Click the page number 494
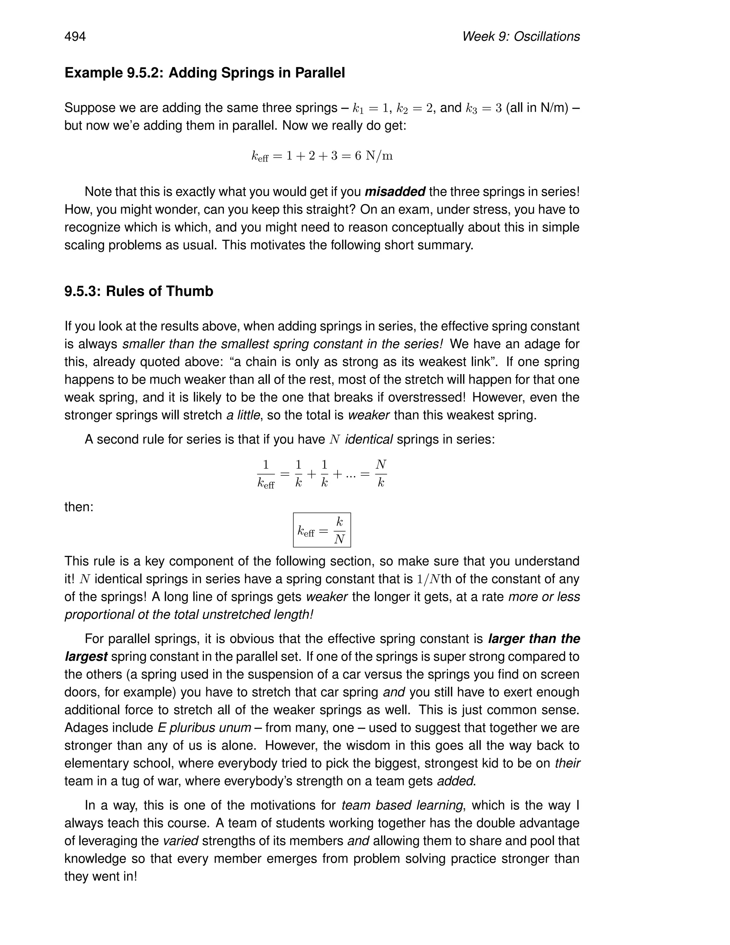[x=75, y=37]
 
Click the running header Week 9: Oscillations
[x=521, y=37]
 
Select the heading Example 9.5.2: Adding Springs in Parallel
[x=205, y=73]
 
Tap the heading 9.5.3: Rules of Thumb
[x=139, y=291]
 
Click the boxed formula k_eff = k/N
[x=322, y=530]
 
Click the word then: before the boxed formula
[x=79, y=507]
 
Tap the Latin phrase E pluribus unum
[x=204, y=728]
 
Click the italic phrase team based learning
[x=402, y=805]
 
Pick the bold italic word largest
[x=86, y=657]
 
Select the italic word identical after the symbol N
[x=369, y=439]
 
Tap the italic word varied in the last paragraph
[x=180, y=841]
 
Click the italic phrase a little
[x=243, y=415]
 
